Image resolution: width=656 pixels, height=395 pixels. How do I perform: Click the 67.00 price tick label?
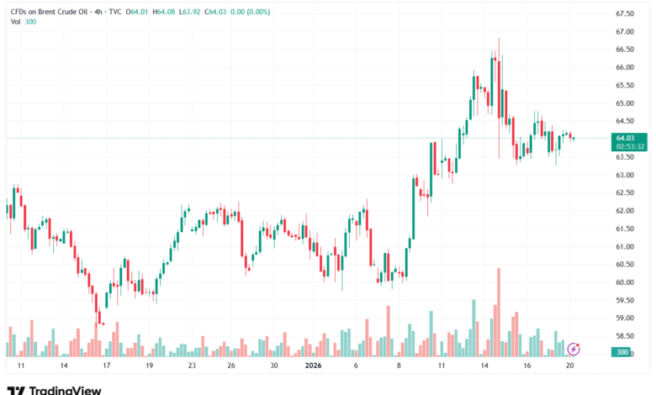point(624,31)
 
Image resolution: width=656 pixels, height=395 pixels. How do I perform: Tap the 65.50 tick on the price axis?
point(624,86)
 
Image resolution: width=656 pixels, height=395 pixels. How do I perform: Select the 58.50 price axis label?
point(624,335)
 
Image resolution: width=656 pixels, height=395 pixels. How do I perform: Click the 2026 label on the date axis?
point(313,366)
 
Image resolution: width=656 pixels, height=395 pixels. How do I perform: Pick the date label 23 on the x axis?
point(192,366)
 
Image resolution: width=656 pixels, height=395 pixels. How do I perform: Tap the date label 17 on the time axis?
point(106,366)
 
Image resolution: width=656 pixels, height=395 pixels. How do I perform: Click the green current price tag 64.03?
point(625,137)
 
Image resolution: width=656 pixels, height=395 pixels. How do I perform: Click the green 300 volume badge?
point(622,352)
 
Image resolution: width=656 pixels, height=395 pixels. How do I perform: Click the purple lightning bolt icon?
point(574,349)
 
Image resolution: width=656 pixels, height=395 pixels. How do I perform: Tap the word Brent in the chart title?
point(54,11)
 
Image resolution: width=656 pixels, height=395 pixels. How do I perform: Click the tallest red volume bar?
point(499,311)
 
